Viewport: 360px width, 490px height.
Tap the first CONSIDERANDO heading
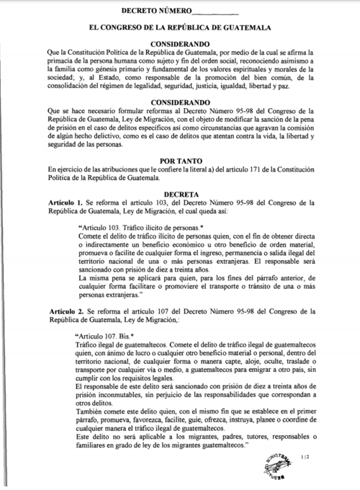(x=179, y=43)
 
